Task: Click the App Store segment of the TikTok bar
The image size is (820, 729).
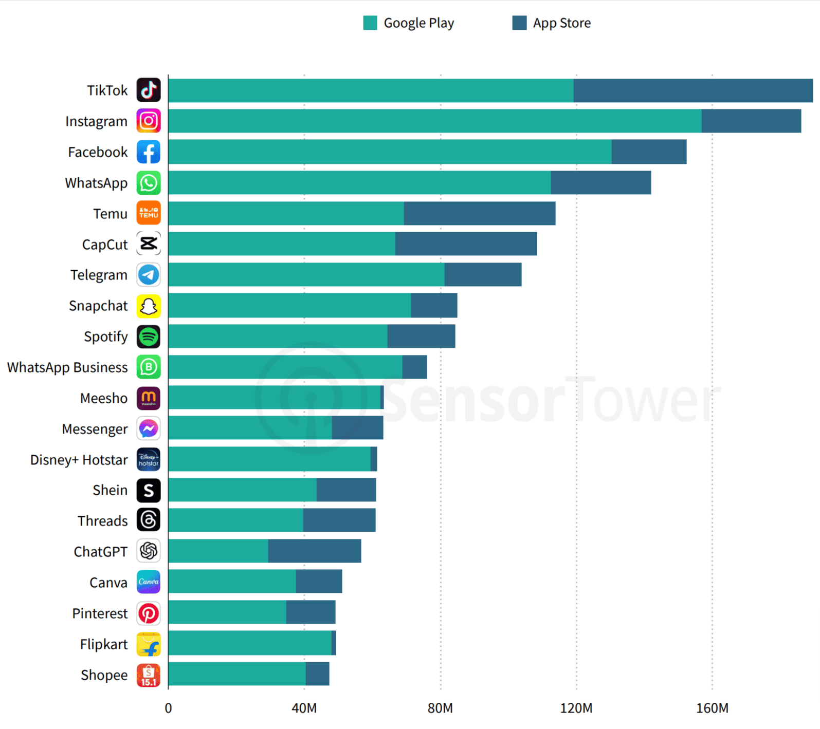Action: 693,90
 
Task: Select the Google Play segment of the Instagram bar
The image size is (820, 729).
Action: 434,121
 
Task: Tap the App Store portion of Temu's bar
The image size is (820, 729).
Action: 479,213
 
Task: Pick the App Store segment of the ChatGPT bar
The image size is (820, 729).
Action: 314,551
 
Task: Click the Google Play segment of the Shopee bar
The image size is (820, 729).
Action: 237,674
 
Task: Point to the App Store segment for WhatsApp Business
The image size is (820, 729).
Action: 414,367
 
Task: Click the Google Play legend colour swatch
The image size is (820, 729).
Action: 370,23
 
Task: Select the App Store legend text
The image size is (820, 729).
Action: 561,23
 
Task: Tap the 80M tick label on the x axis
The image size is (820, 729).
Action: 440,708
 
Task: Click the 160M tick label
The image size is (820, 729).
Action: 712,708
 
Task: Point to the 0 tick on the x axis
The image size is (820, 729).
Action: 168,708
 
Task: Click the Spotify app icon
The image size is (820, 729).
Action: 149,337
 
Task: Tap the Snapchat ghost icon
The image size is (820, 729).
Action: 149,306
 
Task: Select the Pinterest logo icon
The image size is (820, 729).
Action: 149,613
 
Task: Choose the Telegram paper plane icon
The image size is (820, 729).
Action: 149,275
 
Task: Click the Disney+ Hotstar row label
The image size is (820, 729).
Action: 79,460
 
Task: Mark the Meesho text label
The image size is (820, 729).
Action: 104,398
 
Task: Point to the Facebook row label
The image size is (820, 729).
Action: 98,152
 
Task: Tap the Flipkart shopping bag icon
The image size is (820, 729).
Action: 149,644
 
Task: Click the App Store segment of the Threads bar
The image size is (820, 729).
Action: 339,520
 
